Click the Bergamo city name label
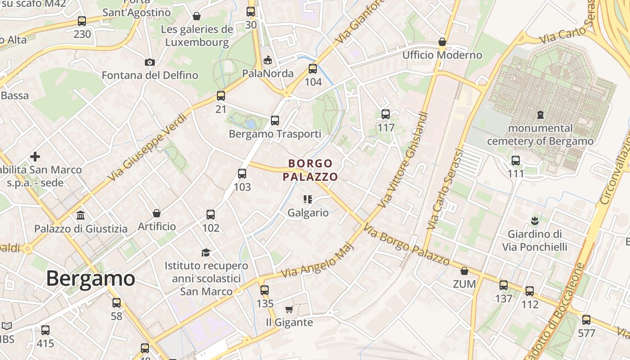click(x=90, y=279)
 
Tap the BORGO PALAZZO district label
click(x=310, y=170)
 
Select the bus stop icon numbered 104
click(x=313, y=69)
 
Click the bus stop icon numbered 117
click(x=386, y=114)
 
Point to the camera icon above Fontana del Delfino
click(x=150, y=62)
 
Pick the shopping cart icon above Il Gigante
click(x=289, y=309)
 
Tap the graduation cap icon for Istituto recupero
click(x=206, y=252)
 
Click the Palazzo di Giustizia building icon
click(x=81, y=215)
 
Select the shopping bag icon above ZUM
click(x=464, y=271)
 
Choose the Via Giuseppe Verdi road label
click(x=147, y=148)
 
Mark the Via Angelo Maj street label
click(x=315, y=261)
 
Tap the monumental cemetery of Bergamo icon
click(x=540, y=115)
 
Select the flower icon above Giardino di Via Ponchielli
click(x=535, y=220)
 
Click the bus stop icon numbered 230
click(x=82, y=21)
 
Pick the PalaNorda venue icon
click(x=268, y=60)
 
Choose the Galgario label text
click(x=308, y=212)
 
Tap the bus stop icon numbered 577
click(x=586, y=320)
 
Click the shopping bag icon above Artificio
click(x=157, y=213)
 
